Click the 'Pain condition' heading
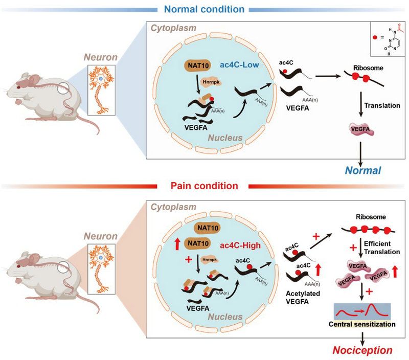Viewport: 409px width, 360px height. [204, 186]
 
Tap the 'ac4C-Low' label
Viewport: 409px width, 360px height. [241, 65]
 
